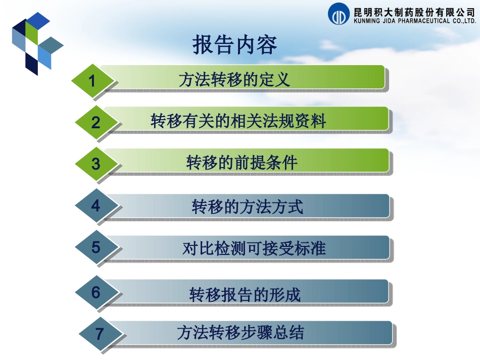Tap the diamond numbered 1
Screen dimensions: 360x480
[x=91, y=80]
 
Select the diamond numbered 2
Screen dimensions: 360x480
[x=96, y=122]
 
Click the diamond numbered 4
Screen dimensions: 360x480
[x=96, y=206]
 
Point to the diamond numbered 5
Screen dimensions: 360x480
[x=96, y=247]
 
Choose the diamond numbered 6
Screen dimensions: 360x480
[x=96, y=292]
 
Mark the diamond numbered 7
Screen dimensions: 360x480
[x=100, y=334]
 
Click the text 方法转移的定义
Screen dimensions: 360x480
[x=234, y=80]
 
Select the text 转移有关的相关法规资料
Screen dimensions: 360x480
[x=238, y=121]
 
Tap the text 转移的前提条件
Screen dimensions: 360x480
[x=242, y=163]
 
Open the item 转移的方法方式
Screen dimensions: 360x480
[x=248, y=207]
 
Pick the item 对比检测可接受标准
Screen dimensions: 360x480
[x=254, y=248]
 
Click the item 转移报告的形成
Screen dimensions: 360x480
[x=245, y=294]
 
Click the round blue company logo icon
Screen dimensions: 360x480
[x=339, y=14]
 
